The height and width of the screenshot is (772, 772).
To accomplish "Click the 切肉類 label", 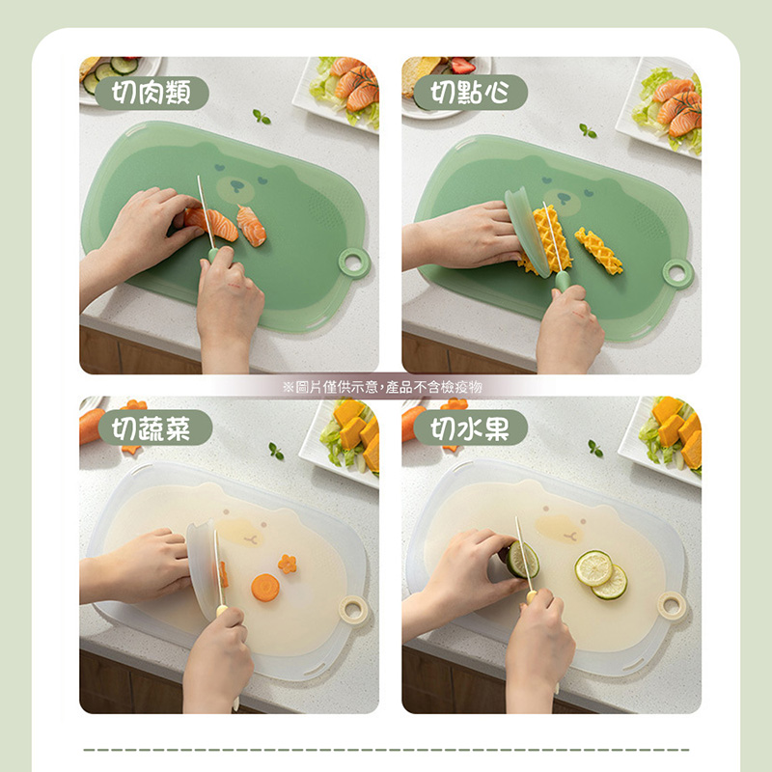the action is point(152,93).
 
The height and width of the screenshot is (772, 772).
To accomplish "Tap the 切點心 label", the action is point(470,92).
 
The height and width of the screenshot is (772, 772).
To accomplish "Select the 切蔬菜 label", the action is point(155,427).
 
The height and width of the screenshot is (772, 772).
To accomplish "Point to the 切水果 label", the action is point(470,427).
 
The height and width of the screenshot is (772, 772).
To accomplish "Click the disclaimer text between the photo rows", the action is point(382,387).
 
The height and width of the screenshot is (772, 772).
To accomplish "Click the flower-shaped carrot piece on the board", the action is point(287,565).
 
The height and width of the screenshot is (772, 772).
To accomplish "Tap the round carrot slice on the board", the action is point(264,588).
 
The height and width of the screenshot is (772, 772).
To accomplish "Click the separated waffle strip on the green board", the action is point(598,251).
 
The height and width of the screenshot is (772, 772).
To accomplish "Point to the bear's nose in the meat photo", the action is point(237,186).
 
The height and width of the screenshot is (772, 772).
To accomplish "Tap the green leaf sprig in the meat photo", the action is point(262,117).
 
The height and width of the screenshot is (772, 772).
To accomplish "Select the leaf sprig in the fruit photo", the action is point(595,449).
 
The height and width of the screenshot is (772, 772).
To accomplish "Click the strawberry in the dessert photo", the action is point(463,66).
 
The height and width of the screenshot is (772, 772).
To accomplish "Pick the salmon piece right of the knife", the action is point(252,226).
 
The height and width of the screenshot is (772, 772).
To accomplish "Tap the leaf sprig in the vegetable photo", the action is point(276,451).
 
